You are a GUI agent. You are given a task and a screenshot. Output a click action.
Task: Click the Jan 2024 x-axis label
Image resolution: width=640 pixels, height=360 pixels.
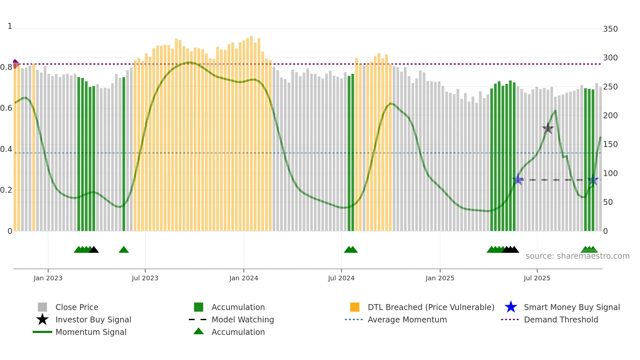(244, 278)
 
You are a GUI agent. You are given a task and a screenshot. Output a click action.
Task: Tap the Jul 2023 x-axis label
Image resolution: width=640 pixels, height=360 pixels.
(145, 278)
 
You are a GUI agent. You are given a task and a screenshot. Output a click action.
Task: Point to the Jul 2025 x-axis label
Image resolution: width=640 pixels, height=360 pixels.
(537, 278)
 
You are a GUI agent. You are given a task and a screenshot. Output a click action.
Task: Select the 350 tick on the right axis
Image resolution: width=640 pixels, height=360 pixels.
(610, 29)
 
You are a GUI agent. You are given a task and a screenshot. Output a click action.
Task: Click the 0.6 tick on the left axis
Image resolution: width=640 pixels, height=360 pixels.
(6, 108)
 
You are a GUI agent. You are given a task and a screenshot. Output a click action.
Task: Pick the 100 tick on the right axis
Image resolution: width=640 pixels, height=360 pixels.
(610, 173)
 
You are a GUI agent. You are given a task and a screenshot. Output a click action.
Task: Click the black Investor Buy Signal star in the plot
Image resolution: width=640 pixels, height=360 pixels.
(548, 128)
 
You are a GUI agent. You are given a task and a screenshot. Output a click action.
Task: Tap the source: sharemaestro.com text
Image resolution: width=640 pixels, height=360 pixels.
(577, 256)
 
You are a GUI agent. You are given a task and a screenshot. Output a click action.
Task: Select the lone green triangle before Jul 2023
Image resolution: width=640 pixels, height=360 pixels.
(124, 250)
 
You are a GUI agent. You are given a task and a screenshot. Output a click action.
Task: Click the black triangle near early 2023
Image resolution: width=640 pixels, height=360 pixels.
(94, 250)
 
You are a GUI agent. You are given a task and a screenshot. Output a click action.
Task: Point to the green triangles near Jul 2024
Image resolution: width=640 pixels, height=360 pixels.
(351, 250)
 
